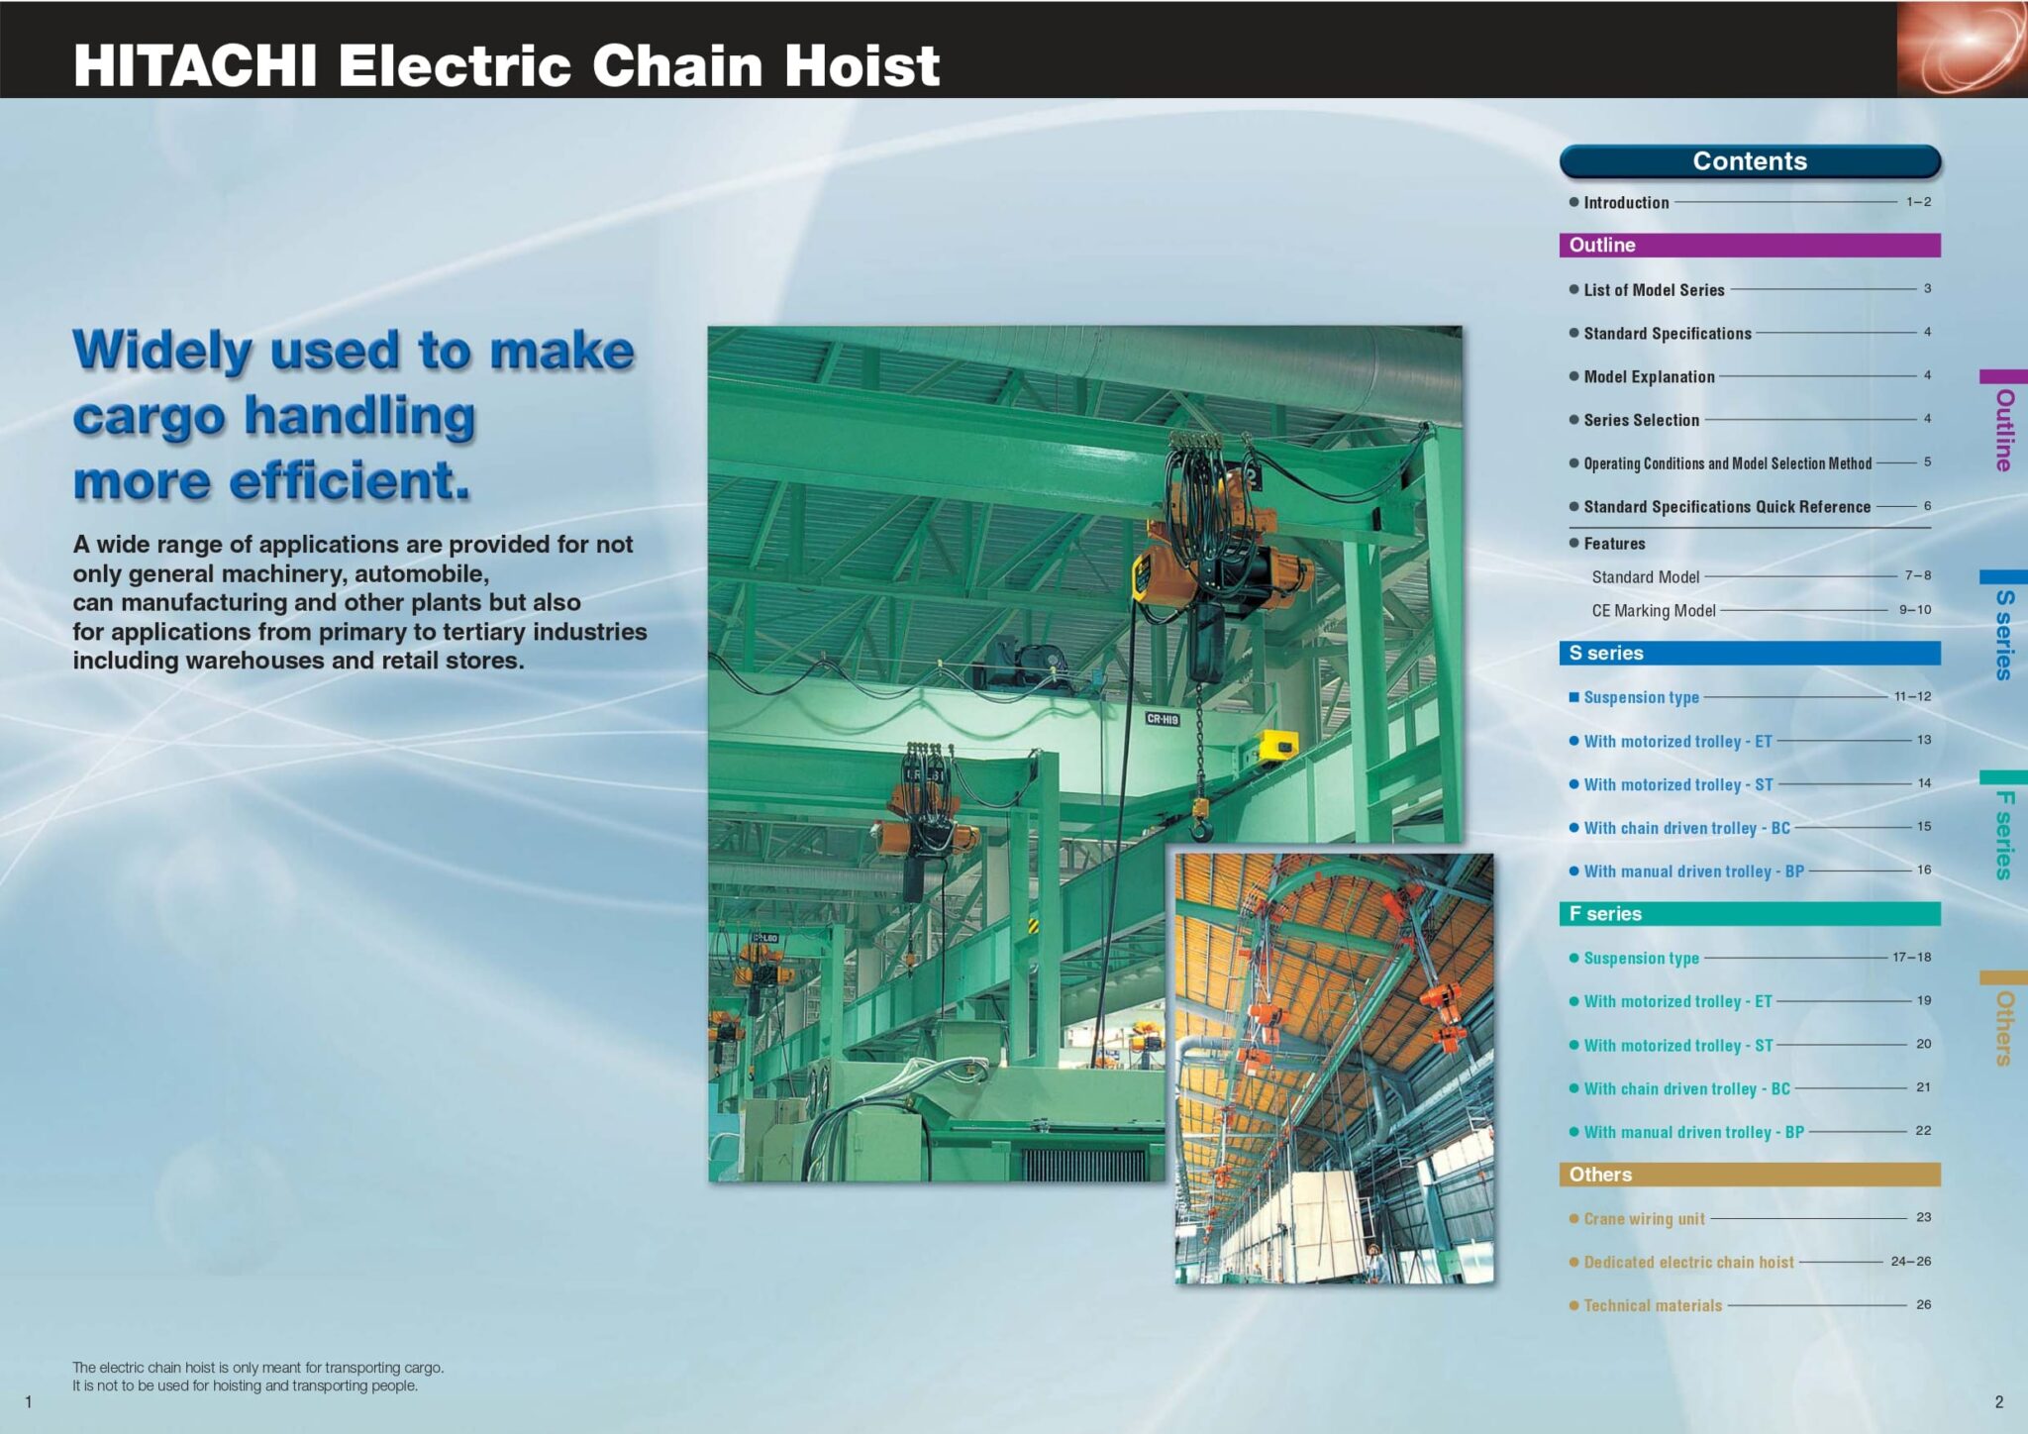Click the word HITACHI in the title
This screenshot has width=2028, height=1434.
tap(195, 66)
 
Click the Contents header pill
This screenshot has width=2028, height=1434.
tap(1749, 161)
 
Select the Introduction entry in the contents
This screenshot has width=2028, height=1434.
tap(1625, 202)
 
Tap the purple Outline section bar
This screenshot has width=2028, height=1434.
tap(1749, 245)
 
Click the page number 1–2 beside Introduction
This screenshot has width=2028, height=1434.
tap(1918, 201)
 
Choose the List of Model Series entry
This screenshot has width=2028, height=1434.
tap(1653, 290)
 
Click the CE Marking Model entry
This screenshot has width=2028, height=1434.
tap(1653, 611)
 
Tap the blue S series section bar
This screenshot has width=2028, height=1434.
tap(1749, 653)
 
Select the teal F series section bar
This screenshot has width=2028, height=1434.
tap(1749, 913)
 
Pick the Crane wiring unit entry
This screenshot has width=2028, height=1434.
tap(1643, 1219)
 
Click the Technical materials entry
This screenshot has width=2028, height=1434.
tap(1652, 1305)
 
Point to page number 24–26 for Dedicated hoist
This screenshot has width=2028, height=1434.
tap(1910, 1262)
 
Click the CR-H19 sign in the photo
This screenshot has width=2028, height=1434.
tap(1163, 719)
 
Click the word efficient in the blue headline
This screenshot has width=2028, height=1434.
tap(349, 481)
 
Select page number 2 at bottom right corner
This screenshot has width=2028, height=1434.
tap(1998, 1401)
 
